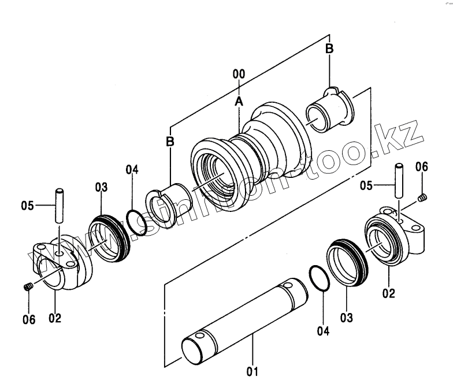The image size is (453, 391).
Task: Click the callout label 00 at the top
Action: (239, 75)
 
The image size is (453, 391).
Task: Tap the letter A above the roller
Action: (239, 102)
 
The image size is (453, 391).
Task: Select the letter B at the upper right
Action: (329, 49)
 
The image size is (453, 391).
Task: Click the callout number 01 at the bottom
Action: (252, 371)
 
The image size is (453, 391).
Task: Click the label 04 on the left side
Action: (132, 170)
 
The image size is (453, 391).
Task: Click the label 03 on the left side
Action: (101, 187)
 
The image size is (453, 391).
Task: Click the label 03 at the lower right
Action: (345, 317)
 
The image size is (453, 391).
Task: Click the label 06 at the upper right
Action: (422, 167)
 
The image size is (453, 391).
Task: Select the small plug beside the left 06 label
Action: (28, 288)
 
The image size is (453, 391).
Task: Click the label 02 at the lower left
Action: (55, 318)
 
